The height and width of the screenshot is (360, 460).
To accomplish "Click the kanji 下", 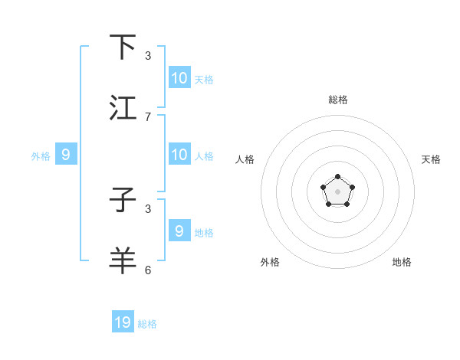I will (x=123, y=47).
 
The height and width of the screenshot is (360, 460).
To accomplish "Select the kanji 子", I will (x=123, y=201).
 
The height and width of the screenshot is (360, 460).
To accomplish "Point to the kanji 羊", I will (x=123, y=261).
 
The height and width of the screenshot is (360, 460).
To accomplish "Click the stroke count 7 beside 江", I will (x=148, y=117).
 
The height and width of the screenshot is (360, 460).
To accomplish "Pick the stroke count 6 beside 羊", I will (x=148, y=270).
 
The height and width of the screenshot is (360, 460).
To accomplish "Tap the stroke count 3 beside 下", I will (x=148, y=56).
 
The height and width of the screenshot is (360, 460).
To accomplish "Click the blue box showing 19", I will (x=123, y=322).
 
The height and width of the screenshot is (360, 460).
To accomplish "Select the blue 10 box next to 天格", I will (x=179, y=78).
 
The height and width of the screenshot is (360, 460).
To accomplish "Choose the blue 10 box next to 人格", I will (x=179, y=155).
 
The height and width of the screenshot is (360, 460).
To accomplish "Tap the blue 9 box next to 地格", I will (x=179, y=231).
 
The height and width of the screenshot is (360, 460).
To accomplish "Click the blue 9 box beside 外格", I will (x=66, y=155).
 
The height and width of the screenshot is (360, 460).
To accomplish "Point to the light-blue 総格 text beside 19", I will (x=147, y=324).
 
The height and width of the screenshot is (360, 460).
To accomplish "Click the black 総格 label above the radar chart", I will (x=337, y=100).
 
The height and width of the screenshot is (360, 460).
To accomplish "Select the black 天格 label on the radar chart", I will (x=432, y=159).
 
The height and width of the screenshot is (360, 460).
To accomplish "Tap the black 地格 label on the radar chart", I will (x=402, y=262).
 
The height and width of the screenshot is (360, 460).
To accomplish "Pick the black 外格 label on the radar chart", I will (x=270, y=262).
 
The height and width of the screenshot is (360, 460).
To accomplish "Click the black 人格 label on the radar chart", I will (x=245, y=159).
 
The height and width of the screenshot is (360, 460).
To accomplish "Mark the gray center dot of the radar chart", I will (x=337, y=191).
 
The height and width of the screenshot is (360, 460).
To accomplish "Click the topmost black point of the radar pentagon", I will (x=337, y=177).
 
